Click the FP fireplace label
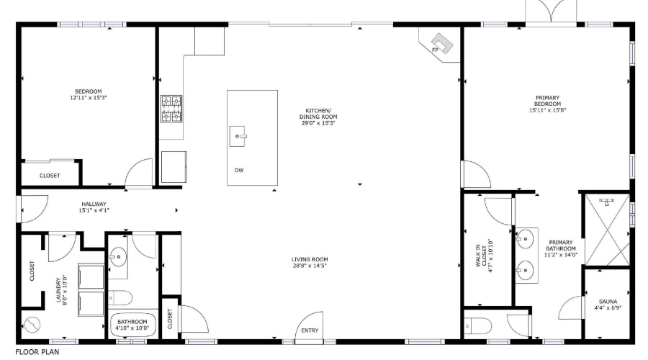435,50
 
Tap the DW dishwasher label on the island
238,170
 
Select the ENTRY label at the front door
310,330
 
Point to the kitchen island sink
240,135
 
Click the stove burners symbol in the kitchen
171,109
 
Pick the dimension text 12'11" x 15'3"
89,97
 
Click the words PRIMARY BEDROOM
547,101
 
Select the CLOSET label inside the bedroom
50,176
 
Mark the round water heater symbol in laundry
31,324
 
